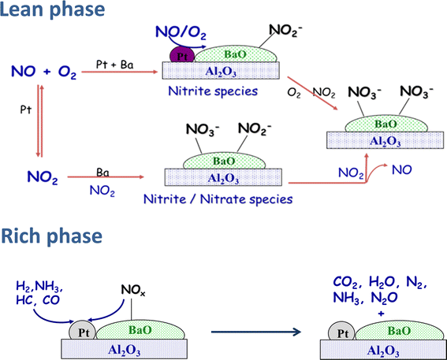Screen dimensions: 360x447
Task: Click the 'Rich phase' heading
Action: (x=52, y=236)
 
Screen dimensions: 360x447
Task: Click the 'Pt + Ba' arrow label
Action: (x=117, y=61)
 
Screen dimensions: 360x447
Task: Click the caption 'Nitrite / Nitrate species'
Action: (x=227, y=199)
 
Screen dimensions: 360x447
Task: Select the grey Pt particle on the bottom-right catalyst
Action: (x=340, y=331)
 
